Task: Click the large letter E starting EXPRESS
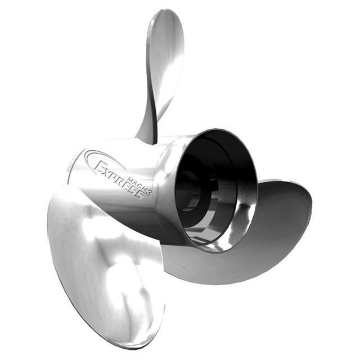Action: (x=100, y=166)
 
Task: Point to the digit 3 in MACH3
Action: (x=148, y=192)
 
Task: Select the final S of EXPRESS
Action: (x=140, y=195)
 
